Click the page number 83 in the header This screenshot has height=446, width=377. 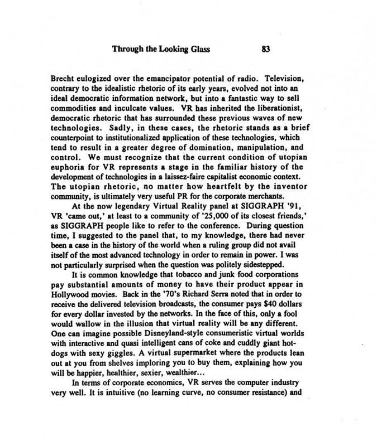pyautogui.click(x=266, y=49)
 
